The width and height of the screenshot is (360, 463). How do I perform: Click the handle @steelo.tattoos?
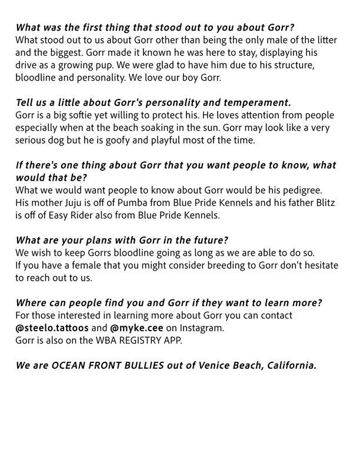[x=48, y=328]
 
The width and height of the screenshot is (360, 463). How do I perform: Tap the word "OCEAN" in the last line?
[x=68, y=365]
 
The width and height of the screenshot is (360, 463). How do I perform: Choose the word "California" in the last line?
[x=288, y=365]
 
